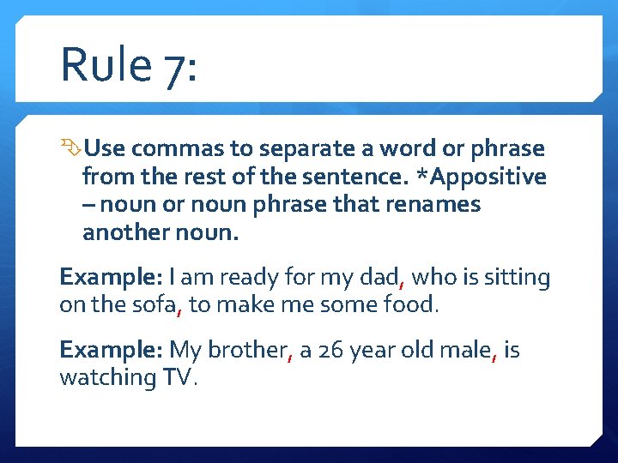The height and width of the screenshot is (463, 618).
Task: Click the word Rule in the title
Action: tap(106, 65)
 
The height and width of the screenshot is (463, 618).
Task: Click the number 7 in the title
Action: tap(177, 69)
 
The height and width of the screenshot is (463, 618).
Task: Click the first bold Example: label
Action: tap(111, 277)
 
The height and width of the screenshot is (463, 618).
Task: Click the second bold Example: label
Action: tap(111, 350)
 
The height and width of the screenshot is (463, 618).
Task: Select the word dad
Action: tap(385, 277)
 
